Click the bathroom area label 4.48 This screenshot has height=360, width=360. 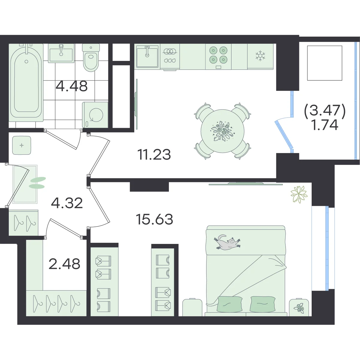tap(72, 86)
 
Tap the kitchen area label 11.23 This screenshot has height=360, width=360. tap(154, 154)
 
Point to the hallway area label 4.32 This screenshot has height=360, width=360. tap(67, 203)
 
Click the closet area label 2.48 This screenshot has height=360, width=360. tap(64, 264)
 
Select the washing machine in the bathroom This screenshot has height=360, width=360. tap(95, 115)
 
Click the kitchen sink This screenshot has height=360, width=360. tap(147, 56)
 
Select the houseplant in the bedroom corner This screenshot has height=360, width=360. tap(299, 194)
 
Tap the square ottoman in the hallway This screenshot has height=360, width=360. tap(22, 145)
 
